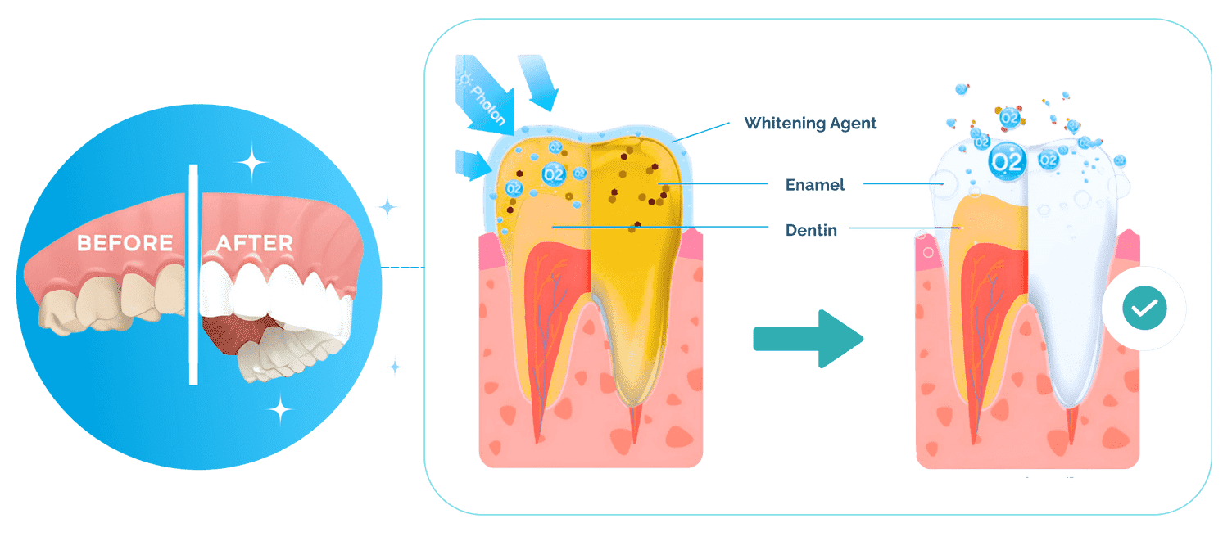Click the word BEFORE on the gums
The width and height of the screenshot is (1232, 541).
[125, 242]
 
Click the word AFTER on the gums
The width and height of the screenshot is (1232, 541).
[255, 242]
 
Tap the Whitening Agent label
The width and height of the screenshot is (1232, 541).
[810, 123]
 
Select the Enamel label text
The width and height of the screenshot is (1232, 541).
[814, 185]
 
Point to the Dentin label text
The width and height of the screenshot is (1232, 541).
[811, 230]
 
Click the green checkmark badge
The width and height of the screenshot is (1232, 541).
[1144, 308]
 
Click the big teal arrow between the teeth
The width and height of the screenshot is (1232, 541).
[808, 339]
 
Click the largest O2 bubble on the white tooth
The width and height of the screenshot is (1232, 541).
[1008, 161]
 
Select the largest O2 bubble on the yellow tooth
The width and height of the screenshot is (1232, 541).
[554, 174]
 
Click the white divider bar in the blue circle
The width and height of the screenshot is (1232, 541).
[193, 275]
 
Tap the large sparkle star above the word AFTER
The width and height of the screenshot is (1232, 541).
[252, 162]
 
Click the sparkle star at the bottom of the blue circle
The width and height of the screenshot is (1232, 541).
[280, 409]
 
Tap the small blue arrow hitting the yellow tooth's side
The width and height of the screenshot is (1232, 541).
[473, 165]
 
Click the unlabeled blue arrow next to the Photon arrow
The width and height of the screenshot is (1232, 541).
[539, 81]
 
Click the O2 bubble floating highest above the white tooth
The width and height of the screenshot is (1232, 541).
[1010, 117]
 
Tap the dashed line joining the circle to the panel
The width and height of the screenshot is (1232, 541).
[402, 267]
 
